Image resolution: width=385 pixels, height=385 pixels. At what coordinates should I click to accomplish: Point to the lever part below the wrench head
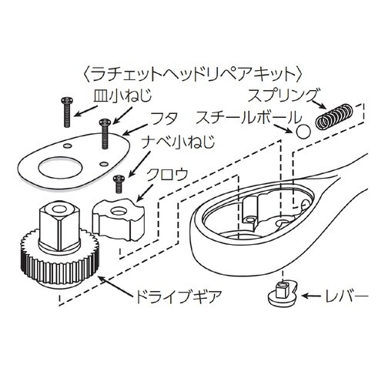[x=282, y=293]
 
